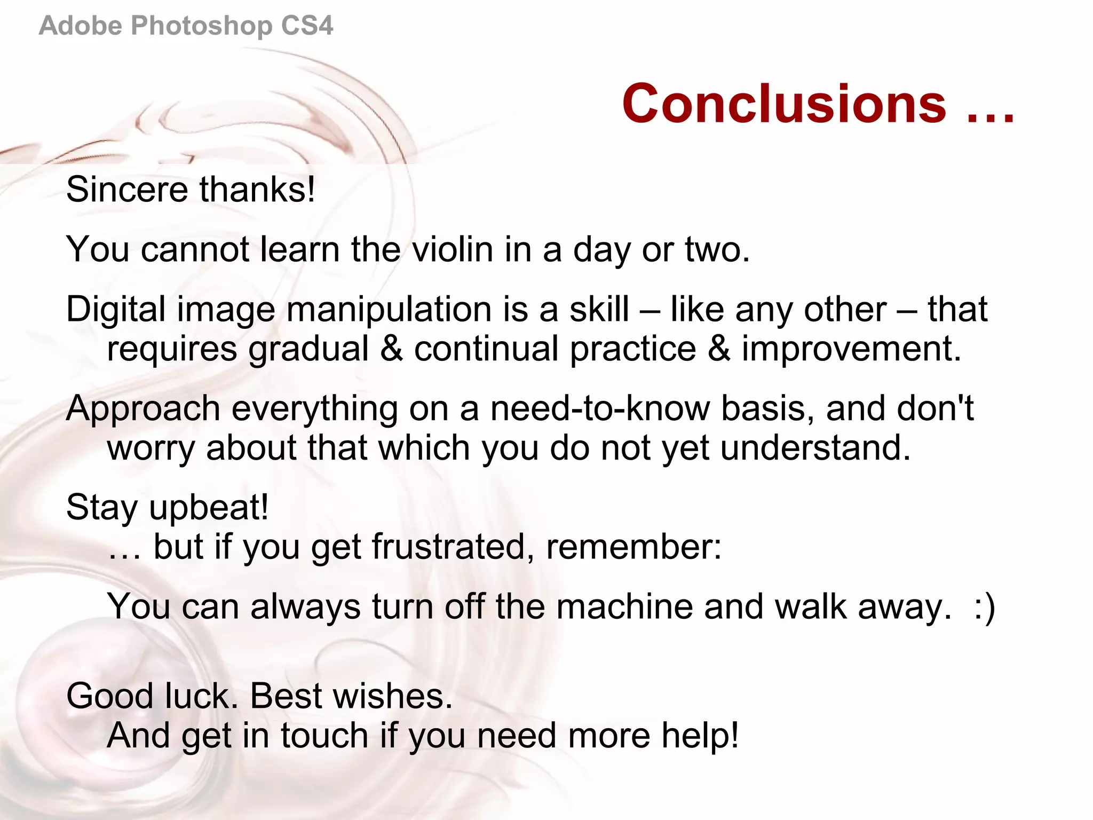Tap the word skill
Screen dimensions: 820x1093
pos(599,309)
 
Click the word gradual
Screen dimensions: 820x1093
pos(308,350)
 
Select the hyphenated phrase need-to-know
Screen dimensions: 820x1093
pos(600,408)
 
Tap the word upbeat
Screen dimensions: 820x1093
pos(209,508)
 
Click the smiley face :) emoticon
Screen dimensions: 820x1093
pos(984,608)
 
